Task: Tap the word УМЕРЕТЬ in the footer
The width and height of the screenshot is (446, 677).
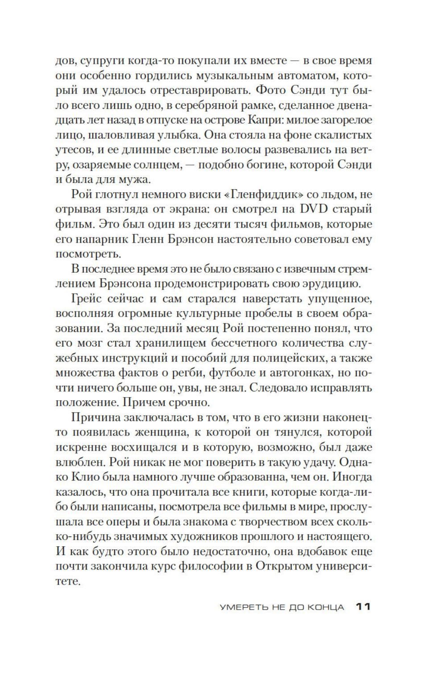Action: point(243,607)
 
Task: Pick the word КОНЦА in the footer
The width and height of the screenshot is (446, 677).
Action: point(326,607)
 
